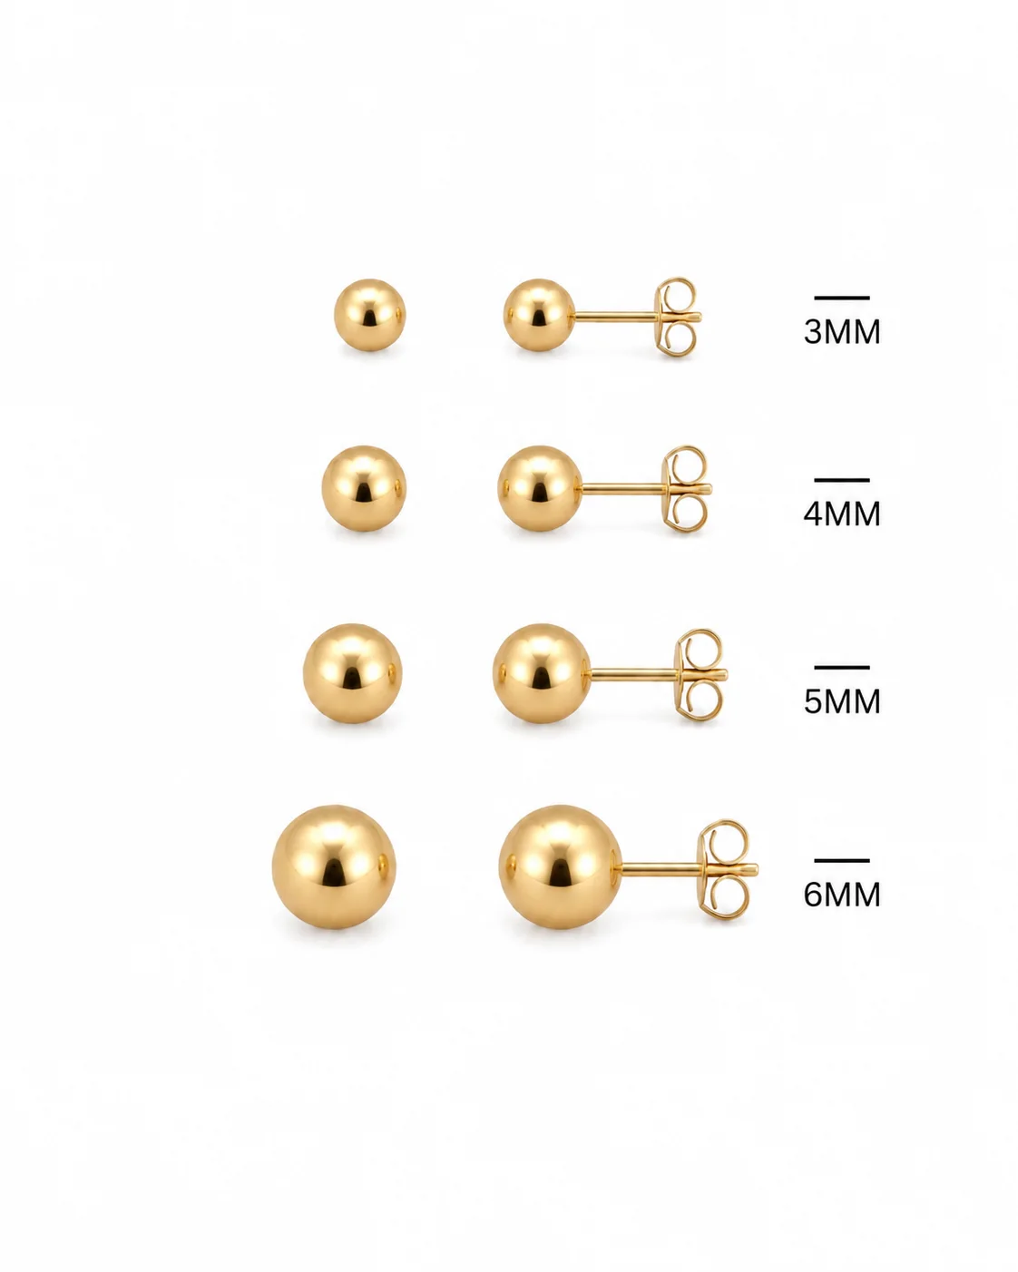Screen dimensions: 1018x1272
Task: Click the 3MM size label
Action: pos(842,331)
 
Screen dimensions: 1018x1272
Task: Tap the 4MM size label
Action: pos(842,514)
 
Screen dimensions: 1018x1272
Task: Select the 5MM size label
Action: pos(842,701)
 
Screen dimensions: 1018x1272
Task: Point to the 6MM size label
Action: pos(842,895)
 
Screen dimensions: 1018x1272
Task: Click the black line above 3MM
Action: pos(842,298)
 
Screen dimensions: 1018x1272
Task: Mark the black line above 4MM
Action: pos(842,480)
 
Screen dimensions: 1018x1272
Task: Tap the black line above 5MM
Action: pos(842,668)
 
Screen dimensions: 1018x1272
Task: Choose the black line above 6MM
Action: pos(842,861)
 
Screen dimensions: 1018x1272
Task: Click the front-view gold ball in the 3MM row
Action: pos(369,315)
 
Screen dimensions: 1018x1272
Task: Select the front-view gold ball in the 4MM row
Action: pos(364,488)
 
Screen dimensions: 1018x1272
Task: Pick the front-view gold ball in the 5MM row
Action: pos(352,673)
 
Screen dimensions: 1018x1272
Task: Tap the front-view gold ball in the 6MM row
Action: pos(334,867)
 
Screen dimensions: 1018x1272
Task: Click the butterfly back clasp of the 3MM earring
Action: pos(678,318)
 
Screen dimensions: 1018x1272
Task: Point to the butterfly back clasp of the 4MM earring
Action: pos(686,489)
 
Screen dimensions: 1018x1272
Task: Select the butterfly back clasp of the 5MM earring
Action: pos(700,674)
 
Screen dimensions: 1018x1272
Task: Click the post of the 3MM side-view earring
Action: pos(615,318)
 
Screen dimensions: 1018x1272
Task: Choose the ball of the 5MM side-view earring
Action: pos(542,673)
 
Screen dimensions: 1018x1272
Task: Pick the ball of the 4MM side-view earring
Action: pos(540,488)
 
